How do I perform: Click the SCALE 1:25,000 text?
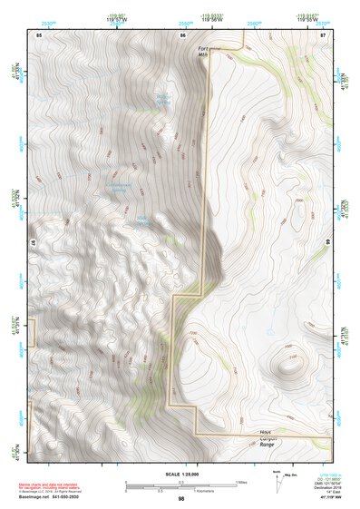click(180, 474)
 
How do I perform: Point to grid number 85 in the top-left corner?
click(38, 34)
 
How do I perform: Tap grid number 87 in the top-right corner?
click(324, 34)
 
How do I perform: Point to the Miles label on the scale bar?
click(241, 481)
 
